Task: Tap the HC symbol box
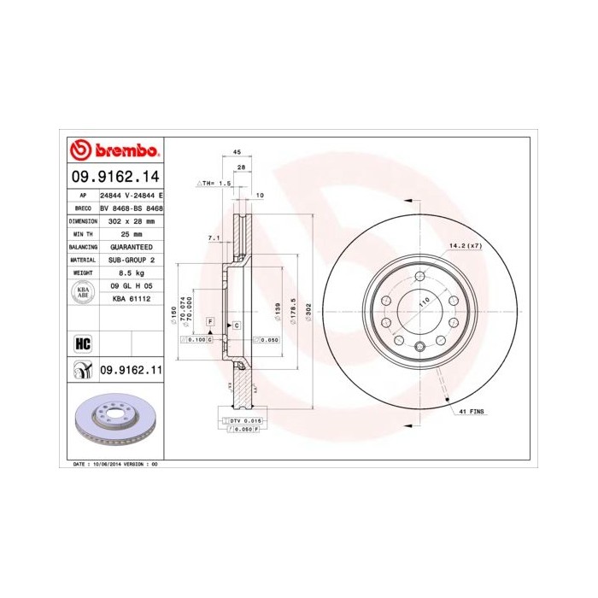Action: (x=83, y=344)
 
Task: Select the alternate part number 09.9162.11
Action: (x=132, y=369)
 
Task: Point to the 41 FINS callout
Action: (x=472, y=412)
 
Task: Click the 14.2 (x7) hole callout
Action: (x=466, y=246)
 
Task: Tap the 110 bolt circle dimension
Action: (x=424, y=303)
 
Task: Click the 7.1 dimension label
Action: (x=214, y=237)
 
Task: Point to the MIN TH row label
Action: (x=83, y=233)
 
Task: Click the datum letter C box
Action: (x=237, y=326)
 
